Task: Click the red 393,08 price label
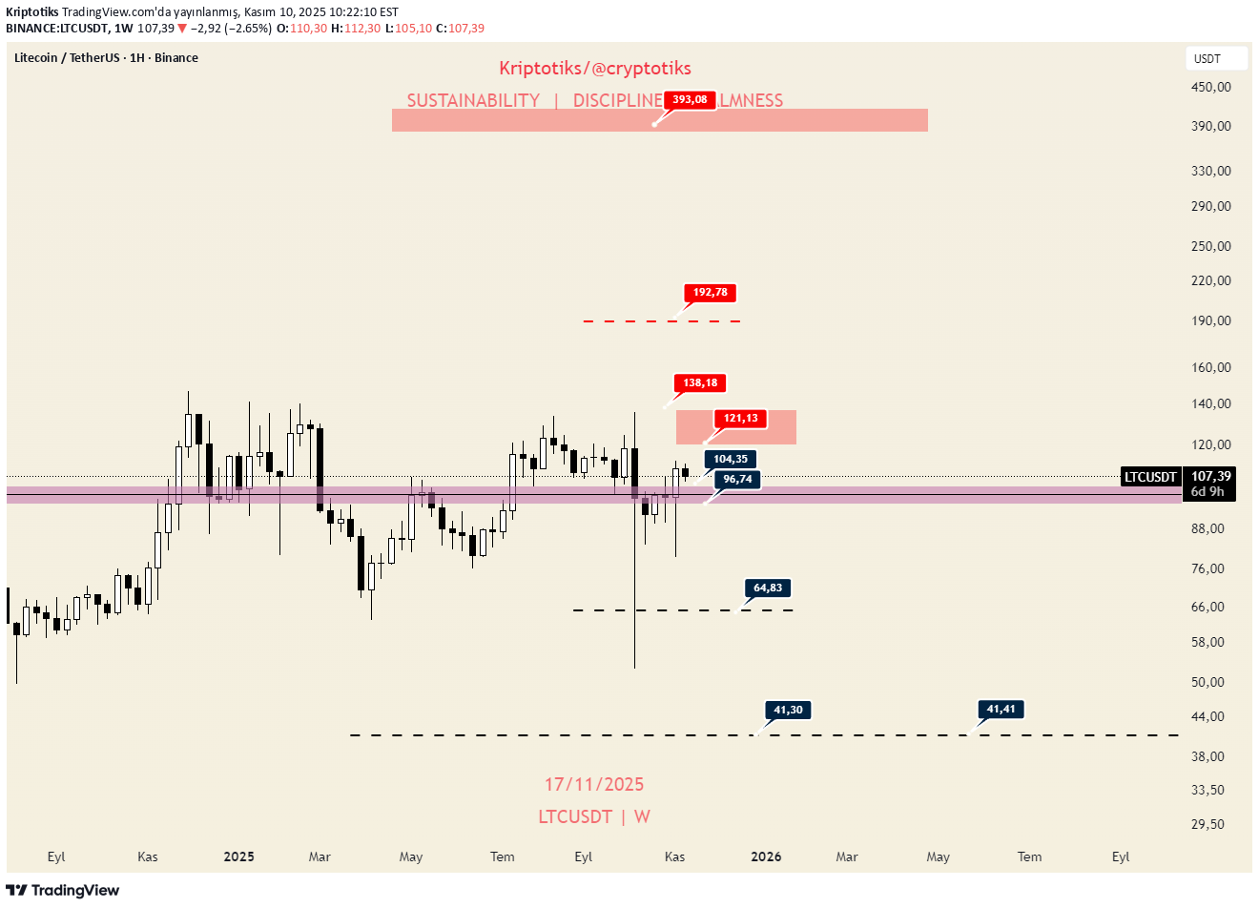(690, 100)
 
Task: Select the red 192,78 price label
(711, 293)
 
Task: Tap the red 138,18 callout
(700, 383)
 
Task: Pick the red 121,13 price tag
(740, 419)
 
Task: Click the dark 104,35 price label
(731, 460)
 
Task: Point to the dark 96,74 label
(737, 480)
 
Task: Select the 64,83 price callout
(768, 588)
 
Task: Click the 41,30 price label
(788, 711)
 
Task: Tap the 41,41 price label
(1001, 710)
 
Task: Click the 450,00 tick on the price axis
(1211, 87)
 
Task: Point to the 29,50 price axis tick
(1207, 824)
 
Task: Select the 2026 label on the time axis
(766, 856)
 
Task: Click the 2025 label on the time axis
(238, 856)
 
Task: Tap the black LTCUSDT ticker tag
(1150, 477)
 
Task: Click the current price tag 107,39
(1210, 476)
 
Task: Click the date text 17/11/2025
(594, 785)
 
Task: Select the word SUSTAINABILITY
(473, 101)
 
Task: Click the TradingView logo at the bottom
(63, 891)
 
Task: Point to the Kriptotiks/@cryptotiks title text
(595, 69)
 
